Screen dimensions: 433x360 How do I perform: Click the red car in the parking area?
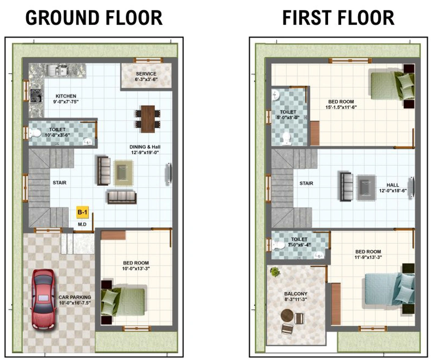pyautogui.click(x=43, y=300)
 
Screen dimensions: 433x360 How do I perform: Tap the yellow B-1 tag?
pyautogui.click(x=82, y=212)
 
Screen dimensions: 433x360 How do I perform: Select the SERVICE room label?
pyautogui.click(x=146, y=74)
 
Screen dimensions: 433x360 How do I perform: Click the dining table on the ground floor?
pyautogui.click(x=148, y=119)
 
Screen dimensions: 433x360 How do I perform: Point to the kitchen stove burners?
pyautogui.click(x=36, y=96)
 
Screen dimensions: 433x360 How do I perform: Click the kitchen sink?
pyautogui.click(x=58, y=70)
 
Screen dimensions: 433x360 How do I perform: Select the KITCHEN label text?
pyautogui.click(x=66, y=96)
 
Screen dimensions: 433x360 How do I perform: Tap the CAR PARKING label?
pyautogui.click(x=74, y=297)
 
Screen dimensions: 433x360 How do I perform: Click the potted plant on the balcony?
pyautogui.click(x=275, y=272)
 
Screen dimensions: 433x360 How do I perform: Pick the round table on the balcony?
pyautogui.click(x=287, y=315)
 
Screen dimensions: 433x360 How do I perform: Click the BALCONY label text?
pyautogui.click(x=296, y=294)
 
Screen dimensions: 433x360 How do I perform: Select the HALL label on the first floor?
pyautogui.click(x=392, y=185)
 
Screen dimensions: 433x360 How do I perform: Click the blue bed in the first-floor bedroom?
pyautogui.click(x=389, y=289)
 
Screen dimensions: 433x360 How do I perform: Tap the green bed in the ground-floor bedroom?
pyautogui.click(x=123, y=302)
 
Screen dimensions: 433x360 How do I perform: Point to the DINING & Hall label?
pyautogui.click(x=145, y=147)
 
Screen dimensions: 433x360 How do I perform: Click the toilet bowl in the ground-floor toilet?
pyautogui.click(x=35, y=133)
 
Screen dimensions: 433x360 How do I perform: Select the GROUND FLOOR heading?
pyautogui.click(x=94, y=18)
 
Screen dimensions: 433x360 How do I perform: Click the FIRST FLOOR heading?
pyautogui.click(x=338, y=18)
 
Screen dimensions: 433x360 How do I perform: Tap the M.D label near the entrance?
pyautogui.click(x=82, y=224)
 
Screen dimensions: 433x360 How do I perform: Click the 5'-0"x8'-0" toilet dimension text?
pyautogui.click(x=288, y=118)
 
